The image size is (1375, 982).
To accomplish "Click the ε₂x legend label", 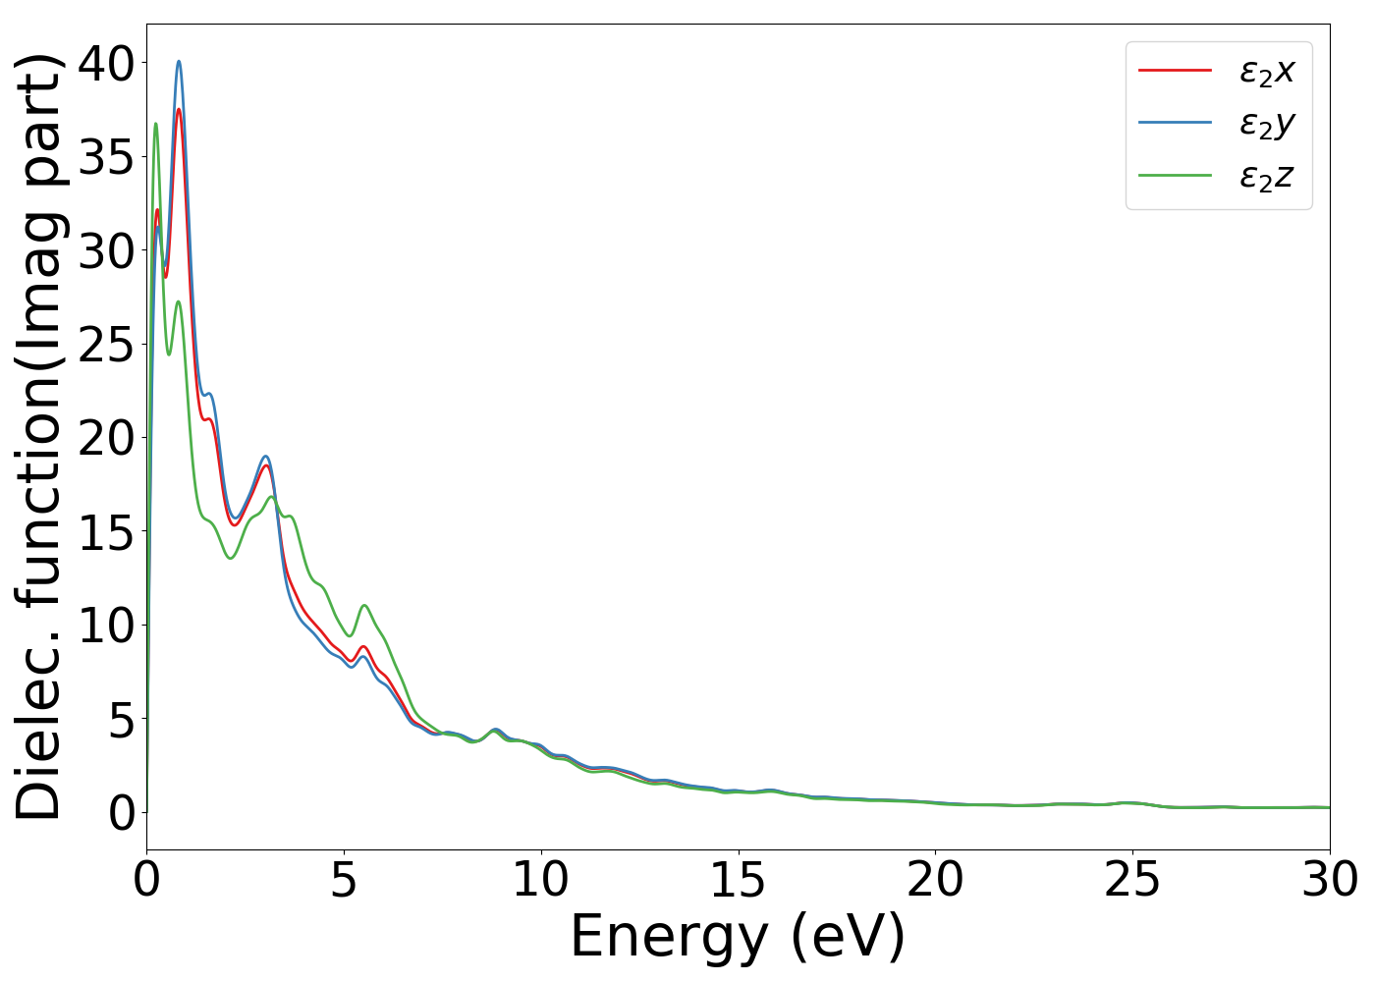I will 1267,71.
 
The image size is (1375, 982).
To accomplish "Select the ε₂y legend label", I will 1267,124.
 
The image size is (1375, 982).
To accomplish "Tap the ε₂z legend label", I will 1267,177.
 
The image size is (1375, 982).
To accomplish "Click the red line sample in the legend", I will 1175,70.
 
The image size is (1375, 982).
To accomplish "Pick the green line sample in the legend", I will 1175,176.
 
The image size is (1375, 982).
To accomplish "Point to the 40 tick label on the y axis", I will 106,64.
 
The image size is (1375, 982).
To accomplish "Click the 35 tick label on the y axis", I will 106,157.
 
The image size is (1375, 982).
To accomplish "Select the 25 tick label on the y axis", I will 106,345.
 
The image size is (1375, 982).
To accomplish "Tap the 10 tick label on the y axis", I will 106,626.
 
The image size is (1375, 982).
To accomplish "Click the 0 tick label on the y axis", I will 121,813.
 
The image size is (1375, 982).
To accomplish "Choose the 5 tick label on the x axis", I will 344,880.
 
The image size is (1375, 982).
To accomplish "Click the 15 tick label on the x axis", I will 738,880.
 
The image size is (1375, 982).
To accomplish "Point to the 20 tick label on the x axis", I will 935,880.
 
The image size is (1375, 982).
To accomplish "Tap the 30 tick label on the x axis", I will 1330,880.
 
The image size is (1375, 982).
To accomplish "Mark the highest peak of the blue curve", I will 179,61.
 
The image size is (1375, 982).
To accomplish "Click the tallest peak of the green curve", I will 155,124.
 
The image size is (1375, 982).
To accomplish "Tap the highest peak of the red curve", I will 179,109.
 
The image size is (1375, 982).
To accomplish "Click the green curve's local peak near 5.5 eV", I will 364,605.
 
